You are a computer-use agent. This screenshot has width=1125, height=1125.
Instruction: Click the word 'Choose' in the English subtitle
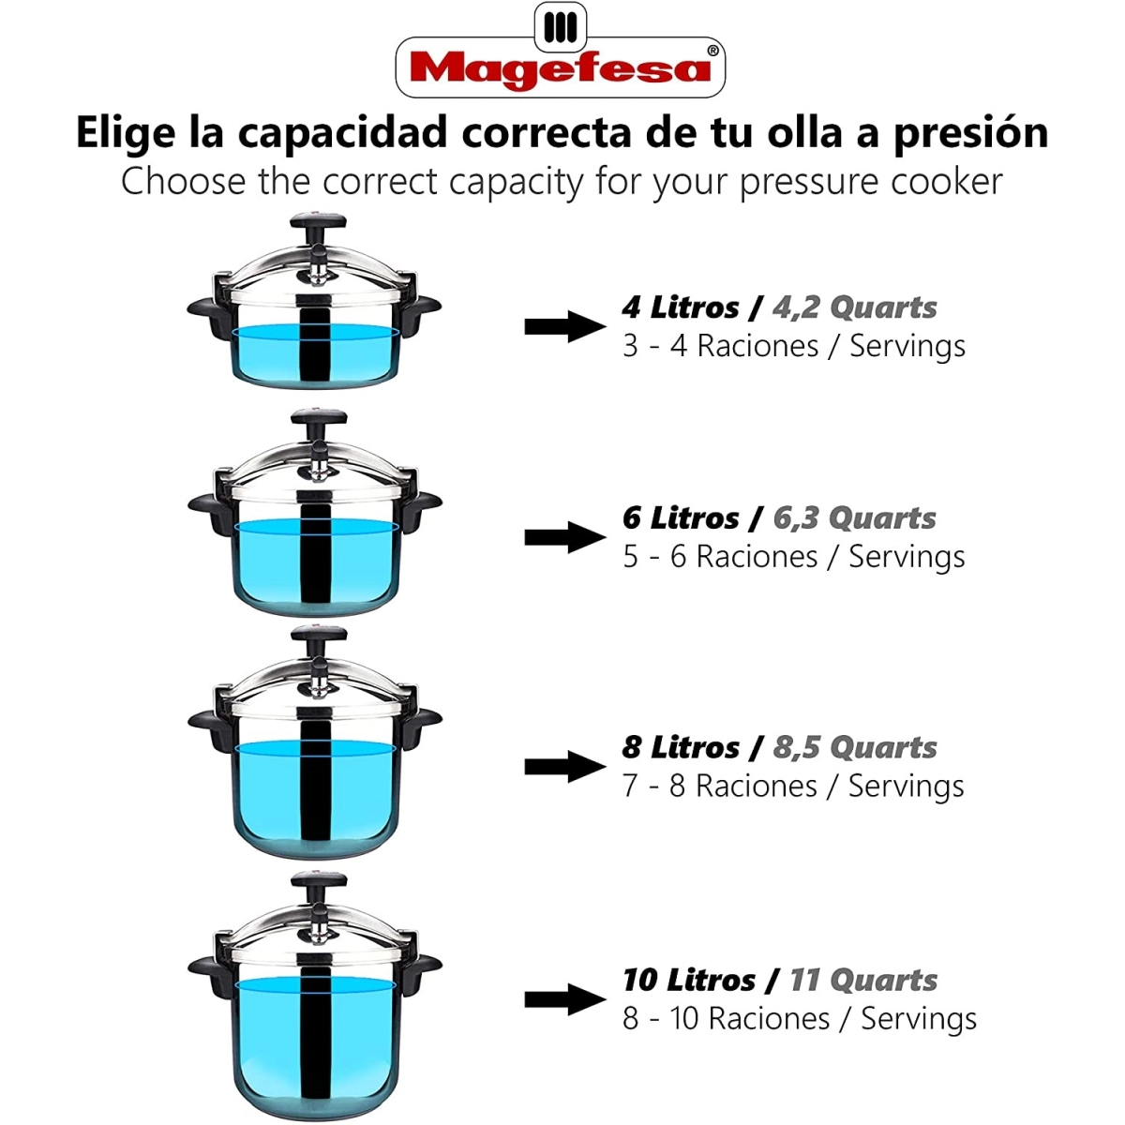tap(183, 181)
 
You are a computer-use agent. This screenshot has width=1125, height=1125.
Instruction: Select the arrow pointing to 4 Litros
tap(565, 326)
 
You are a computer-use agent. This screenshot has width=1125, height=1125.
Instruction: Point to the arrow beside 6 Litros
tap(565, 537)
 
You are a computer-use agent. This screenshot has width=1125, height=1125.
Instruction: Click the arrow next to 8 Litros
tap(565, 767)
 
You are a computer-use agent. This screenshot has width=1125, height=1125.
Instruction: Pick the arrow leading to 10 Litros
tap(565, 998)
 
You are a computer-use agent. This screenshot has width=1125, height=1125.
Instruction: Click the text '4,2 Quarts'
tap(854, 307)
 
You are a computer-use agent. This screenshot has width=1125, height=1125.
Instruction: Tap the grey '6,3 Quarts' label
tap(854, 517)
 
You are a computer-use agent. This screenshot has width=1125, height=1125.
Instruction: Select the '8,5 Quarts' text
tap(855, 747)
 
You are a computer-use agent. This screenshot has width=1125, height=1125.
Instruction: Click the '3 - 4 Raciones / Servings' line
tap(794, 346)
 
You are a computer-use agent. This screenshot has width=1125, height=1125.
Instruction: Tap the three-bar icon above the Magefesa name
tap(560, 27)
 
